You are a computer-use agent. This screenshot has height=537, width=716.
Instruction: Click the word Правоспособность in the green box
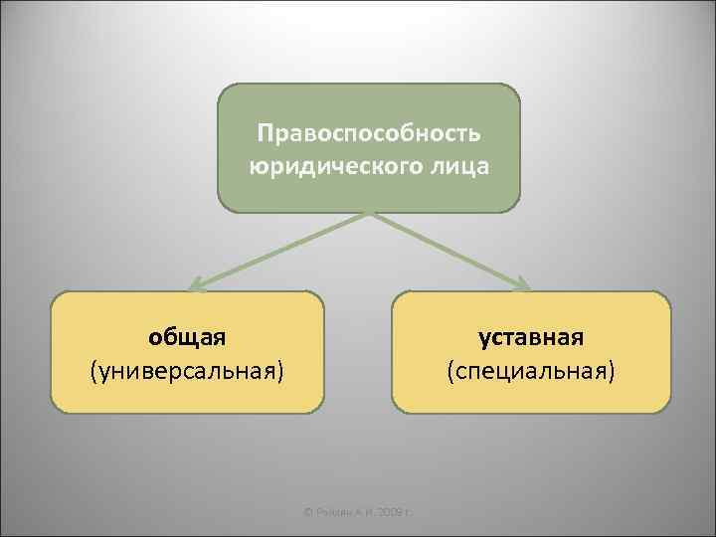[369, 132]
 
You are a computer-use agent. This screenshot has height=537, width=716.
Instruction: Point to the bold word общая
[187, 337]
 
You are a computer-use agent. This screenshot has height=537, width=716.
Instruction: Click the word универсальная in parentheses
[187, 371]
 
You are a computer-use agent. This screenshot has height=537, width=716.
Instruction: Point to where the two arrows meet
[369, 213]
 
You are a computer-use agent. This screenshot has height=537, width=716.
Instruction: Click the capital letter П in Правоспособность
[265, 132]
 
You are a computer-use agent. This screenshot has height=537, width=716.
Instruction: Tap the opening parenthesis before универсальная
[93, 372]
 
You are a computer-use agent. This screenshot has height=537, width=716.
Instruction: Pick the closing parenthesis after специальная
[612, 372]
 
